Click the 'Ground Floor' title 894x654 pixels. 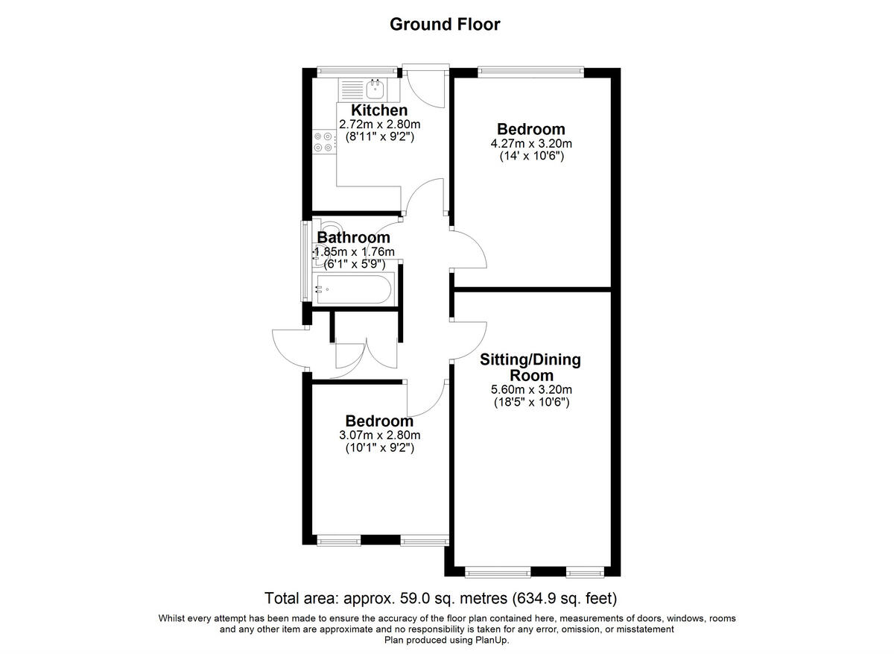click(446, 24)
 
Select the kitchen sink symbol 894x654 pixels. click(375, 89)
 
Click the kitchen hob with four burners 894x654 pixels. click(323, 142)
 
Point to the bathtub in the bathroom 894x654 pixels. click(353, 289)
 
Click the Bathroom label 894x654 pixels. click(353, 238)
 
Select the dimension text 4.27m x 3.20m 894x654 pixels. click(531, 143)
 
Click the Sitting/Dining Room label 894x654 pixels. click(530, 368)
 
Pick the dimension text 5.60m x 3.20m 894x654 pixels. click(531, 389)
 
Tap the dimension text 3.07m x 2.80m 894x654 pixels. click(379, 436)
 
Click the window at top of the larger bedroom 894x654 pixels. click(530, 72)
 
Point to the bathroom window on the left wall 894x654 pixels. click(305, 261)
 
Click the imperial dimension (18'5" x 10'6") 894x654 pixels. click(531, 403)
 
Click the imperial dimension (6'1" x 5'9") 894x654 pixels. click(353, 264)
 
